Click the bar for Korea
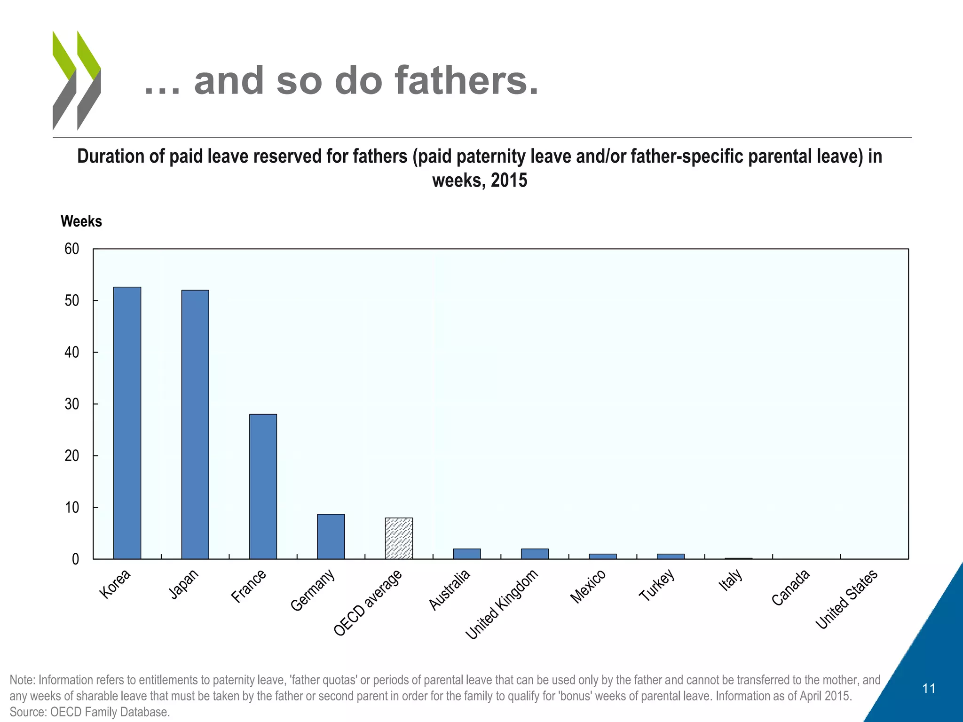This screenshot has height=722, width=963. point(127,423)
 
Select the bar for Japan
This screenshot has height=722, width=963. point(195,424)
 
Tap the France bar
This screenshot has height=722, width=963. point(263,487)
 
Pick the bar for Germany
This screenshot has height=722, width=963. point(331,536)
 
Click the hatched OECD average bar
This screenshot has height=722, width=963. point(399,538)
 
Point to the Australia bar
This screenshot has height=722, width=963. point(466,554)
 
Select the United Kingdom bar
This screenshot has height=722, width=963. point(535,554)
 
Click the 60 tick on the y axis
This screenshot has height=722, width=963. point(72,249)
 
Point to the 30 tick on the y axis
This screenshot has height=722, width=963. point(72,404)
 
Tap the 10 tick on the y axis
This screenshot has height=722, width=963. point(72,508)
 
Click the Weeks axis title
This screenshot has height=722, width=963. point(81,221)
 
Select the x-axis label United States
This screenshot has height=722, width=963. point(846,599)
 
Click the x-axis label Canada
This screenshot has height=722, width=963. point(791,588)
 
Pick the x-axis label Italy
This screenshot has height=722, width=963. point(731,580)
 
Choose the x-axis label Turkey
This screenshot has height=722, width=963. point(657,585)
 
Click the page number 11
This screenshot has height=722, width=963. point(929,689)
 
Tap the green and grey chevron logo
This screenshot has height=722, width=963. point(77,80)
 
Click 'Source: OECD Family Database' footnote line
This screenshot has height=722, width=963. point(89,712)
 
